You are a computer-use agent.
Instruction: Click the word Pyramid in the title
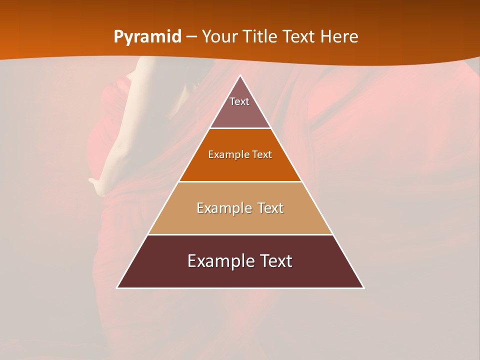click(x=147, y=37)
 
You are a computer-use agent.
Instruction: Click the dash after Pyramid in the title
click(x=191, y=37)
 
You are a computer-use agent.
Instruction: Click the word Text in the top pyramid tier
click(x=239, y=101)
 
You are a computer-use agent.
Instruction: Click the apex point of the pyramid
click(x=240, y=75)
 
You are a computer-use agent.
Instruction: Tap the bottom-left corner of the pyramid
click(x=117, y=288)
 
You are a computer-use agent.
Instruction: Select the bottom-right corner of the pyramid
click(x=363, y=288)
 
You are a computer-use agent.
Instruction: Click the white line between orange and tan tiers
click(x=240, y=181)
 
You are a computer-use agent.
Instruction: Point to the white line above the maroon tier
click(x=240, y=234)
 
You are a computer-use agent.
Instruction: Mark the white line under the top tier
click(x=240, y=128)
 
